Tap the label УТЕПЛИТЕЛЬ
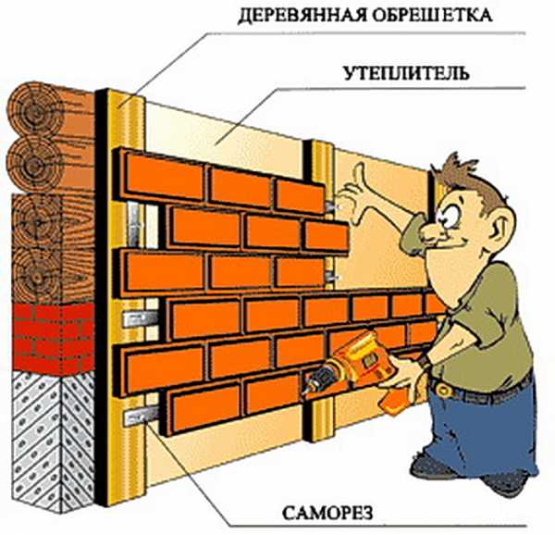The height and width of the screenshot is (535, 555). click(x=406, y=72)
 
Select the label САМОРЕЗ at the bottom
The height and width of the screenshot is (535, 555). click(x=327, y=513)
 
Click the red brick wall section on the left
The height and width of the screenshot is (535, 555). click(x=53, y=338)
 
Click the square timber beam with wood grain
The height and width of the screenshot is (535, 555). click(x=53, y=248)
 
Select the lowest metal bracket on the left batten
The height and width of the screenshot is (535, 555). click(x=141, y=416)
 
